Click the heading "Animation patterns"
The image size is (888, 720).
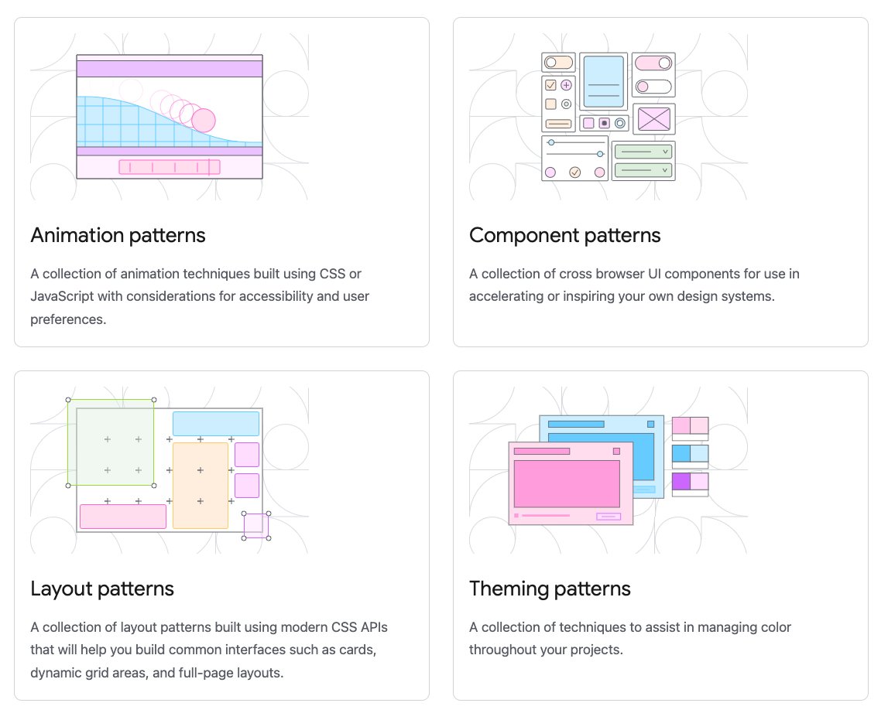pos(118,235)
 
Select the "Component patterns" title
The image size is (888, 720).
pos(564,235)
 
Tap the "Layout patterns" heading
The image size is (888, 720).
pos(102,589)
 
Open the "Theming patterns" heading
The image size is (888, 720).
pos(550,589)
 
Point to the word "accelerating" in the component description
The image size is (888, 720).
pos(506,296)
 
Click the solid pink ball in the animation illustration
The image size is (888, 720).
pos(203,121)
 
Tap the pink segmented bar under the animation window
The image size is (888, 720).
pos(169,167)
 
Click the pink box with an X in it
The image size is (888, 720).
pos(654,119)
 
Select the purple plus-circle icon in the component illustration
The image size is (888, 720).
pos(566,85)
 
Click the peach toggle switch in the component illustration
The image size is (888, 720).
pos(557,62)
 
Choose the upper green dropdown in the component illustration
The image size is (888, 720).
pos(643,152)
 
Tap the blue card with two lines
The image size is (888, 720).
pos(603,81)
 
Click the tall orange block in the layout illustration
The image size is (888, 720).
pos(201,485)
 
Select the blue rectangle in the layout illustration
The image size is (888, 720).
pos(215,424)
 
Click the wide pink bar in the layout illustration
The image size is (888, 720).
pos(123,516)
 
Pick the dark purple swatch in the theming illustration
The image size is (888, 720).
pos(681,481)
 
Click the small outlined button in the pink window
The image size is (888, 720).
pos(608,516)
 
